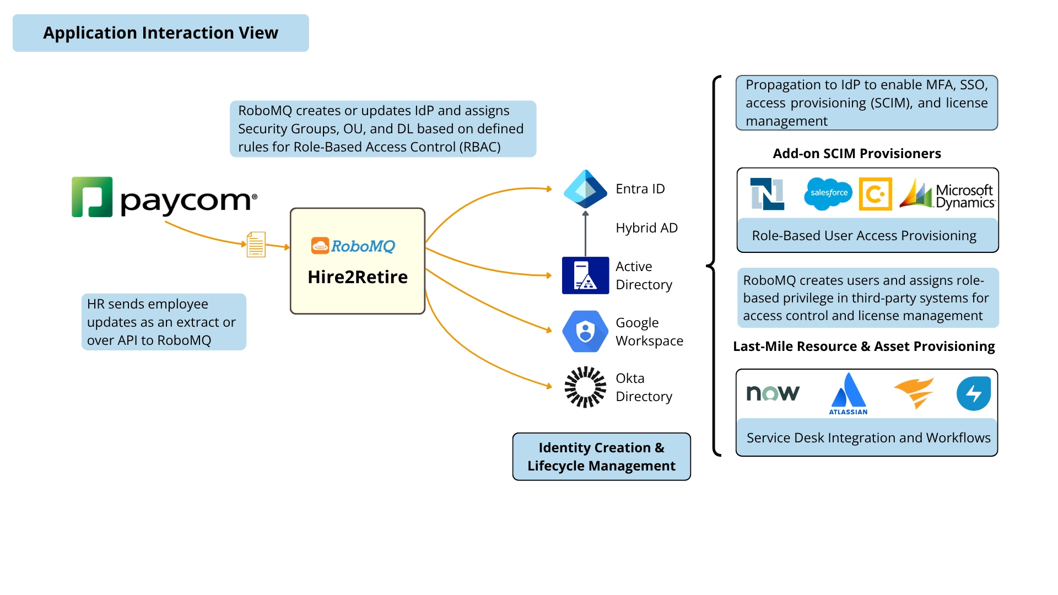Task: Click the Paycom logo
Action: point(164,197)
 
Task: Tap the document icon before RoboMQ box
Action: point(256,245)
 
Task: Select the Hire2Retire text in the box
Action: point(358,277)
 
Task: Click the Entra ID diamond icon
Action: point(585,188)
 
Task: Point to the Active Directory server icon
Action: point(585,275)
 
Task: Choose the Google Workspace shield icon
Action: point(585,332)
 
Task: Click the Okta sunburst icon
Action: point(585,387)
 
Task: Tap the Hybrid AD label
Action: point(646,228)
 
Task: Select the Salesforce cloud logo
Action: point(828,193)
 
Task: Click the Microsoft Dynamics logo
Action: point(947,194)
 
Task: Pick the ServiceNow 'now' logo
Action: point(773,393)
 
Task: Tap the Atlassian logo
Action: point(848,393)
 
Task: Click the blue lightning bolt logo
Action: point(973,393)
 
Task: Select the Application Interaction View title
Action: point(161,33)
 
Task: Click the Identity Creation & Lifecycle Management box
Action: point(601,457)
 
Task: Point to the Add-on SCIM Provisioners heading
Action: point(857,154)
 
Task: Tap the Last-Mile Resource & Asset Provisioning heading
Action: point(863,347)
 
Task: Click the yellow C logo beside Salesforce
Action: point(875,194)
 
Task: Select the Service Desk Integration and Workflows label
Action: point(868,438)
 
